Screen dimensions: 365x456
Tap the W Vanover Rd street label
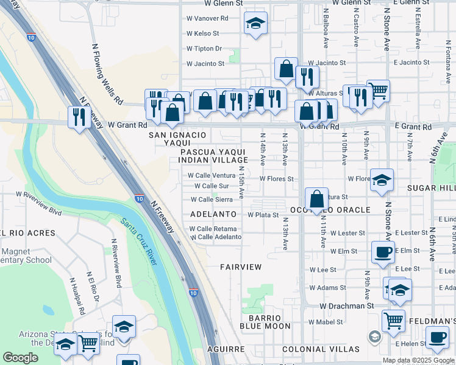[207, 18]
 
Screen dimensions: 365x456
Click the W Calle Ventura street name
[211, 175]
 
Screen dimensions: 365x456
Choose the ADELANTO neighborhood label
[213, 215]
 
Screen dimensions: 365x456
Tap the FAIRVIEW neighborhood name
[241, 267]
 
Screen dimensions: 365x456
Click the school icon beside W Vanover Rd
[255, 24]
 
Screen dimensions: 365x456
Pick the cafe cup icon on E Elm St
[383, 251]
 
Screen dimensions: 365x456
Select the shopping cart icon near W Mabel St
[393, 319]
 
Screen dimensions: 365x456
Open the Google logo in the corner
[20, 358]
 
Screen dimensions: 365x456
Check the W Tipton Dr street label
[204, 48]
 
